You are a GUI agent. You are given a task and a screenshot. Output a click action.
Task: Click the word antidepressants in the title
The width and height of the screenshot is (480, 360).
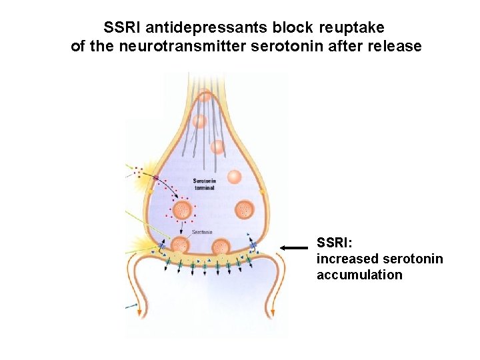[201, 28]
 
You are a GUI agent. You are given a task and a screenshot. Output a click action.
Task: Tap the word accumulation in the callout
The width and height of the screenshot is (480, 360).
[359, 275]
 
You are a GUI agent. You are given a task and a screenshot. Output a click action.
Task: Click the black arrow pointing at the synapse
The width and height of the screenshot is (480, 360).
[294, 247]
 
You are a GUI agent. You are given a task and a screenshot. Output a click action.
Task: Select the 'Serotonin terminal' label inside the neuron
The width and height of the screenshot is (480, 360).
[204, 185]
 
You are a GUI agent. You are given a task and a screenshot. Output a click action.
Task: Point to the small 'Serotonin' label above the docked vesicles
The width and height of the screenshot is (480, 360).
[202, 232]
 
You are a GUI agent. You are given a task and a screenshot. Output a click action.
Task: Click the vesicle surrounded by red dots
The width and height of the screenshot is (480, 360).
[182, 211]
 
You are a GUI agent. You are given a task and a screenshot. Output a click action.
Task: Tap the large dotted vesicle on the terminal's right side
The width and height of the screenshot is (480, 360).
[245, 209]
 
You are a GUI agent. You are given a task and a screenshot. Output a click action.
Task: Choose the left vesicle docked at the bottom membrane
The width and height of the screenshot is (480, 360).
[181, 247]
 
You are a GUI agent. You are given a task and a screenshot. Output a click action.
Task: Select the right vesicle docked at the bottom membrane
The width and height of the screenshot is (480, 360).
[221, 247]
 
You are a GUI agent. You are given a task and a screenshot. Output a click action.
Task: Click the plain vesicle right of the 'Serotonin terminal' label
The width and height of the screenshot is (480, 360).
[234, 177]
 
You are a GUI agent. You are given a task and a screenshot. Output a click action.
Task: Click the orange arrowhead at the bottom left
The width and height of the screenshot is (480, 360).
[139, 311]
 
